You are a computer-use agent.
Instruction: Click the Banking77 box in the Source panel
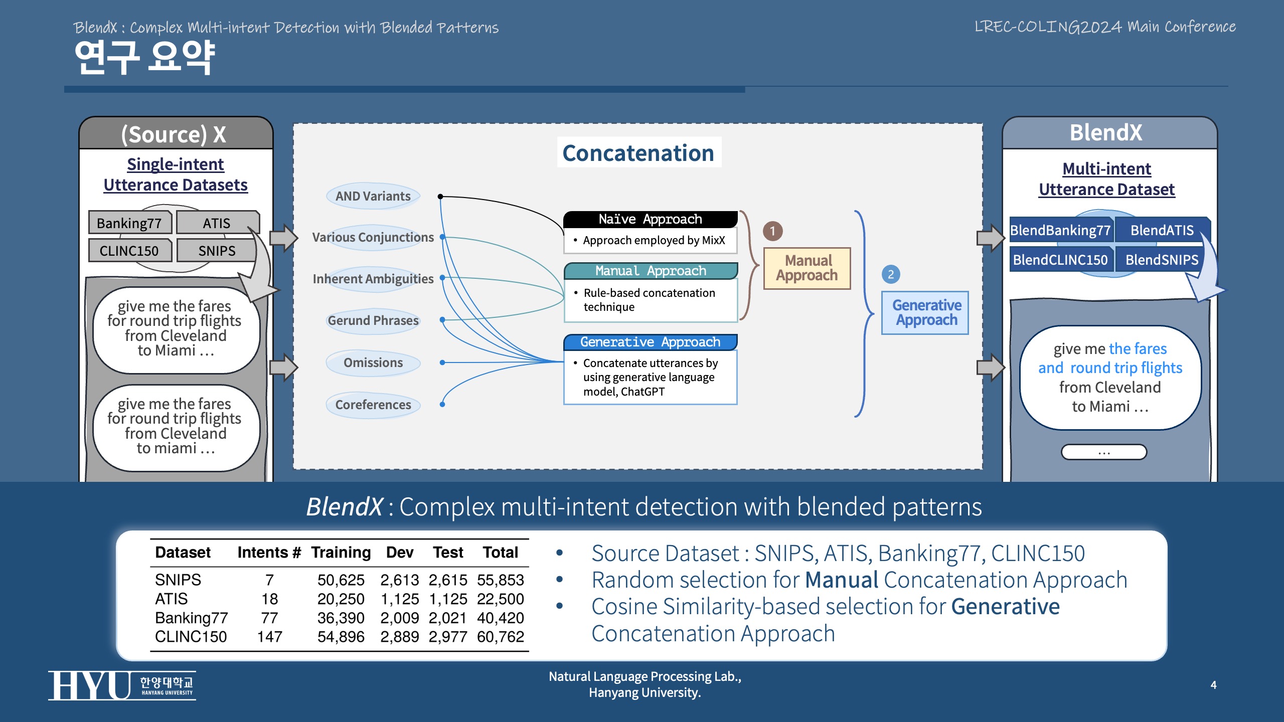point(129,223)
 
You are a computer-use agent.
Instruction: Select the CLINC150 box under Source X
point(129,250)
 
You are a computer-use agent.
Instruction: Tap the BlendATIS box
point(1162,230)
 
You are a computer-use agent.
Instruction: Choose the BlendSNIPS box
point(1162,260)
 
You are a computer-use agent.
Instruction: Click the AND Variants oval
point(373,196)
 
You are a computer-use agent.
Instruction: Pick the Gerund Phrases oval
point(373,320)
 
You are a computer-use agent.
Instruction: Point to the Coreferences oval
point(373,405)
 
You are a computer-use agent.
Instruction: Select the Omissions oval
point(373,363)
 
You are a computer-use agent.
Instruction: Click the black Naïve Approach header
point(650,219)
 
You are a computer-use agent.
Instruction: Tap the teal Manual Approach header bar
point(650,271)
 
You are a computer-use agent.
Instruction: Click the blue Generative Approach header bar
point(650,342)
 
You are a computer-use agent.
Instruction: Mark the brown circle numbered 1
point(772,231)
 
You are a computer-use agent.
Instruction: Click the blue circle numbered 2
point(891,274)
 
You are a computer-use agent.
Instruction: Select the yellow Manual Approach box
point(807,268)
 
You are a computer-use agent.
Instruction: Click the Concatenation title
point(638,153)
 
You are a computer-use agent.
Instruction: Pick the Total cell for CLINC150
point(500,637)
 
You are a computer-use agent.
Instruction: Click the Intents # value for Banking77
point(269,618)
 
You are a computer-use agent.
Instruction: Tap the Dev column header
point(399,552)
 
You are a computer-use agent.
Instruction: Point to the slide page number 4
point(1213,685)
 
